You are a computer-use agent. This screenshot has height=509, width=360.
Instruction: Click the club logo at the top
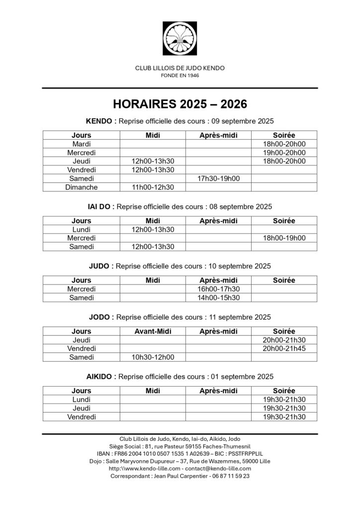click(x=180, y=39)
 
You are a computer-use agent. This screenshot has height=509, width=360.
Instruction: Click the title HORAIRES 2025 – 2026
click(x=180, y=104)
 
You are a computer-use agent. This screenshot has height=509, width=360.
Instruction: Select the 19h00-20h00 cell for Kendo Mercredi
click(x=284, y=153)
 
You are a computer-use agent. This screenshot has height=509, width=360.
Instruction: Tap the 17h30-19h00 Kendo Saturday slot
click(x=218, y=178)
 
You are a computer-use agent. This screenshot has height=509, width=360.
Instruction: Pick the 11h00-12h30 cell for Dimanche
click(x=153, y=187)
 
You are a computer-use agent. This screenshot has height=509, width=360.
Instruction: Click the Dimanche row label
click(x=81, y=187)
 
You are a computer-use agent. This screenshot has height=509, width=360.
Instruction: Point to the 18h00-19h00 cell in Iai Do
click(x=284, y=238)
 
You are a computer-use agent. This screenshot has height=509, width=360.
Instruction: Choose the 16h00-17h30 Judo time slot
click(x=218, y=289)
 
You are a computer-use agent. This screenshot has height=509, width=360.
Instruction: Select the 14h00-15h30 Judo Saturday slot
click(x=218, y=298)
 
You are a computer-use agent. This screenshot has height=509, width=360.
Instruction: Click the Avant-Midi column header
click(x=153, y=331)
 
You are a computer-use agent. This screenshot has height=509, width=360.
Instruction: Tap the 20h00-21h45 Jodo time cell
click(x=284, y=348)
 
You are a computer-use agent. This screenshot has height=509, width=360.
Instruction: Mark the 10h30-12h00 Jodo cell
click(x=153, y=357)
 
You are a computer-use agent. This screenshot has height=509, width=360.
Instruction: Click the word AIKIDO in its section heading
click(x=101, y=376)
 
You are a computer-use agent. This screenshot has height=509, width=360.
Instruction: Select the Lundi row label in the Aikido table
click(x=81, y=399)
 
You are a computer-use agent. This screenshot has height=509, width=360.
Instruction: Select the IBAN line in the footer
click(x=180, y=453)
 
